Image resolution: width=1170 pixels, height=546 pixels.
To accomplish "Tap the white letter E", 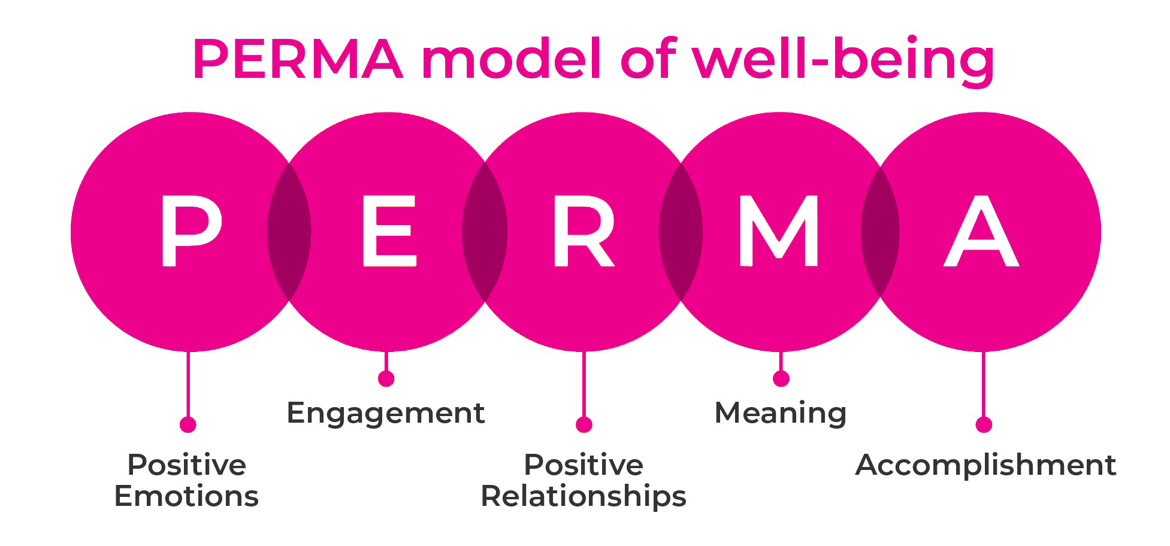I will [388, 230].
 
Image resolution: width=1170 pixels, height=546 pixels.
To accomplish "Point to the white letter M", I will [779, 230].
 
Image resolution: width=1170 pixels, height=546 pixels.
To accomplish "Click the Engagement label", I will [386, 413].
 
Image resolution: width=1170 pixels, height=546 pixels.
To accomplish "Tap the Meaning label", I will [781, 413].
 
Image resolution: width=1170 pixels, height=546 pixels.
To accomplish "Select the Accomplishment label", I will [985, 465].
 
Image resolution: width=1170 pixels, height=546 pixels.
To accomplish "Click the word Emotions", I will [186, 496].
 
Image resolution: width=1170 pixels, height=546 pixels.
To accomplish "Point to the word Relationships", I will [584, 496].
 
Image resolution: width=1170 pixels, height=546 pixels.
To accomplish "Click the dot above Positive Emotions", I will [188, 424].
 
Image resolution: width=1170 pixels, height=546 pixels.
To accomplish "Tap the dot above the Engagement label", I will [386, 378].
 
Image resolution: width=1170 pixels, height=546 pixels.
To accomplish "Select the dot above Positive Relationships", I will [584, 424].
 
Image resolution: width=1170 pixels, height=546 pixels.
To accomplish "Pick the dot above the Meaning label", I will [781, 378].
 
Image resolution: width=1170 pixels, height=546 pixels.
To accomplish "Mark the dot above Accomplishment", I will [984, 424].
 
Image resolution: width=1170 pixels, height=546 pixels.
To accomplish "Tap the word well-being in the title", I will [843, 60].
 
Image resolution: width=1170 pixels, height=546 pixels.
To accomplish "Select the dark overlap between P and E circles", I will [289, 232].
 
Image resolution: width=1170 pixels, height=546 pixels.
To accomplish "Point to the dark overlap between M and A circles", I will [880, 232].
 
